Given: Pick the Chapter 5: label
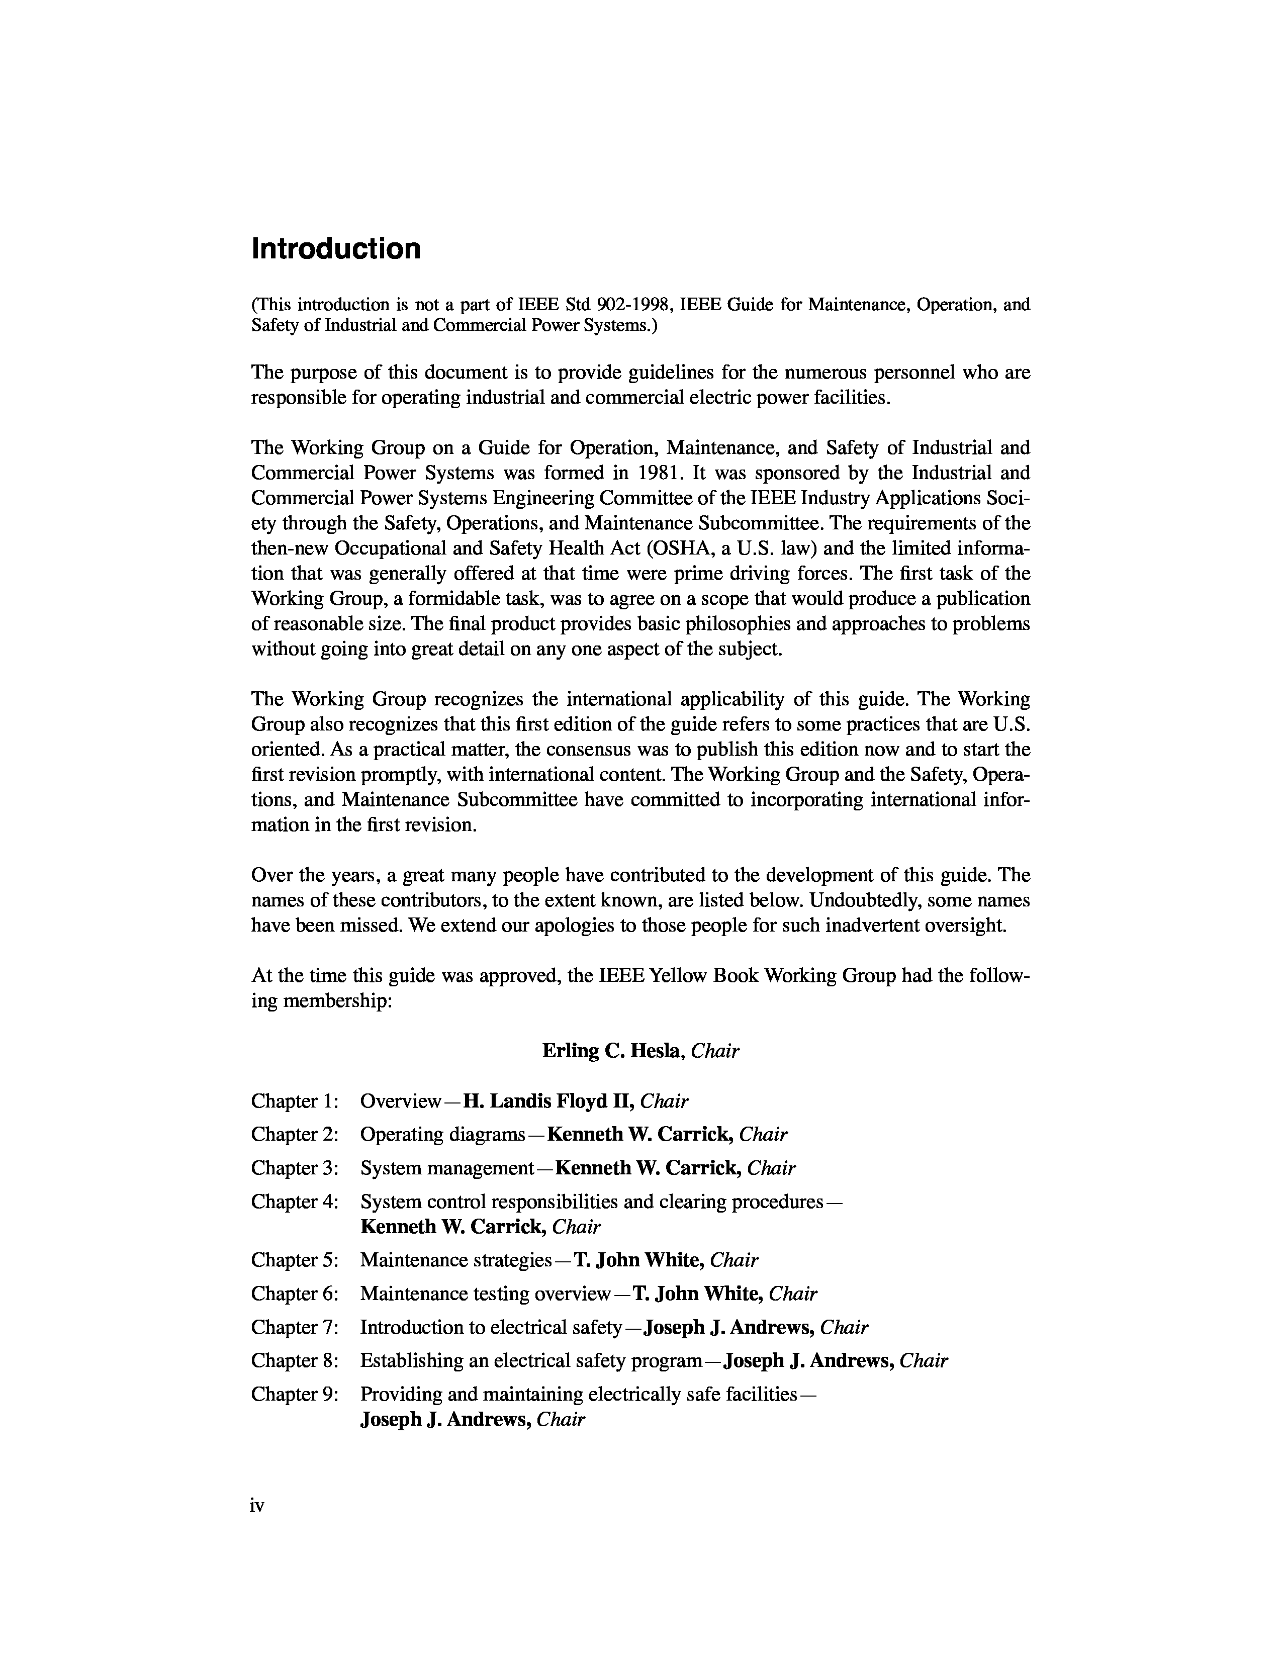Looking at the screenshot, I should tap(295, 1260).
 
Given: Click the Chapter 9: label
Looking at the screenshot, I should tap(295, 1394).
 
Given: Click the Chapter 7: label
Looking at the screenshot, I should tap(295, 1327).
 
